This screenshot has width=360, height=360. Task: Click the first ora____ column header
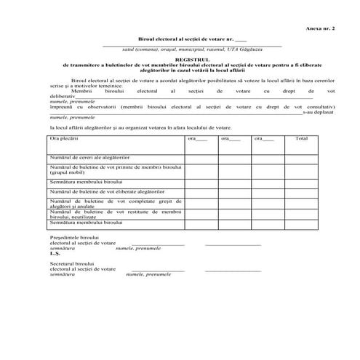click(198, 138)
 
